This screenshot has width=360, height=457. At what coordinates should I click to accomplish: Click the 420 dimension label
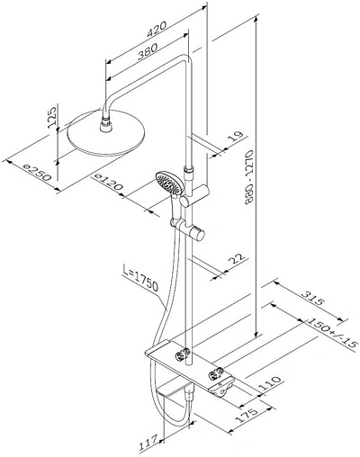click(x=156, y=30)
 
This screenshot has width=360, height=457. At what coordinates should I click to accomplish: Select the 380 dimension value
click(x=148, y=51)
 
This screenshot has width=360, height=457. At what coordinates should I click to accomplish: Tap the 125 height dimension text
click(x=52, y=117)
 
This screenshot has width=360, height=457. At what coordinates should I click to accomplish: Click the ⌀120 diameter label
click(x=108, y=183)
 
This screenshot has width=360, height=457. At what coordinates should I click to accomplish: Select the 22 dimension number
click(x=237, y=258)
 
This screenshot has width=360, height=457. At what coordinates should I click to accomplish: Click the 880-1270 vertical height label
click(x=249, y=177)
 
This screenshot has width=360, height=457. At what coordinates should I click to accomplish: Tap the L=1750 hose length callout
click(x=140, y=278)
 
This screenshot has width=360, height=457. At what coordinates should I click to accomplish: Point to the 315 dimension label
click(x=313, y=298)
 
